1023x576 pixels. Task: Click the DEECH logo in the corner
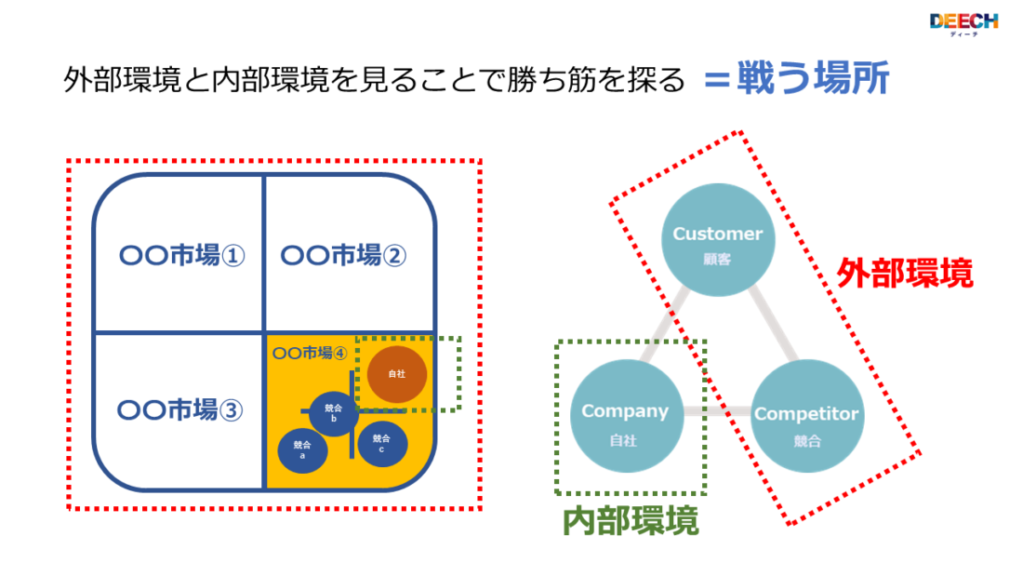[963, 23]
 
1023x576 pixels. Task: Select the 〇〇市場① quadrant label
[182, 255]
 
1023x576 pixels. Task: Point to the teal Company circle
[624, 417]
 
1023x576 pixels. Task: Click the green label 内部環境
[631, 521]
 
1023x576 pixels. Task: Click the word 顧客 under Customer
[717, 260]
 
